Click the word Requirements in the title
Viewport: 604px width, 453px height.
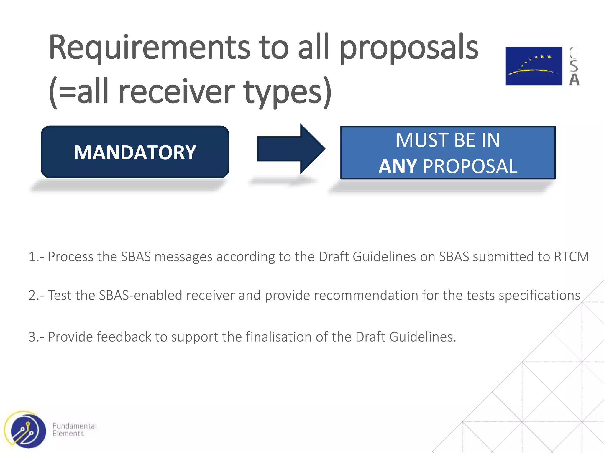pos(149,47)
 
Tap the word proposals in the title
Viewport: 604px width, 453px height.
pos(409,49)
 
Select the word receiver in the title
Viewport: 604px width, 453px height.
pos(177,92)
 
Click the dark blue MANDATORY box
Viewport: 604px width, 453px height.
pos(135,152)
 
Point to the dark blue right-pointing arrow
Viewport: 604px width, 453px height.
pos(290,149)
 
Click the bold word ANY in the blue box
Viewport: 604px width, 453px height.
pos(398,166)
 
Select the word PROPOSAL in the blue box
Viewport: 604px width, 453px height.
pos(470,166)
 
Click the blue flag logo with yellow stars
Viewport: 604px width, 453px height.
pos(534,66)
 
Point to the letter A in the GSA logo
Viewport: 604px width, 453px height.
pos(574,80)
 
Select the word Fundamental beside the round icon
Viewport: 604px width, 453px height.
pos(74,426)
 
